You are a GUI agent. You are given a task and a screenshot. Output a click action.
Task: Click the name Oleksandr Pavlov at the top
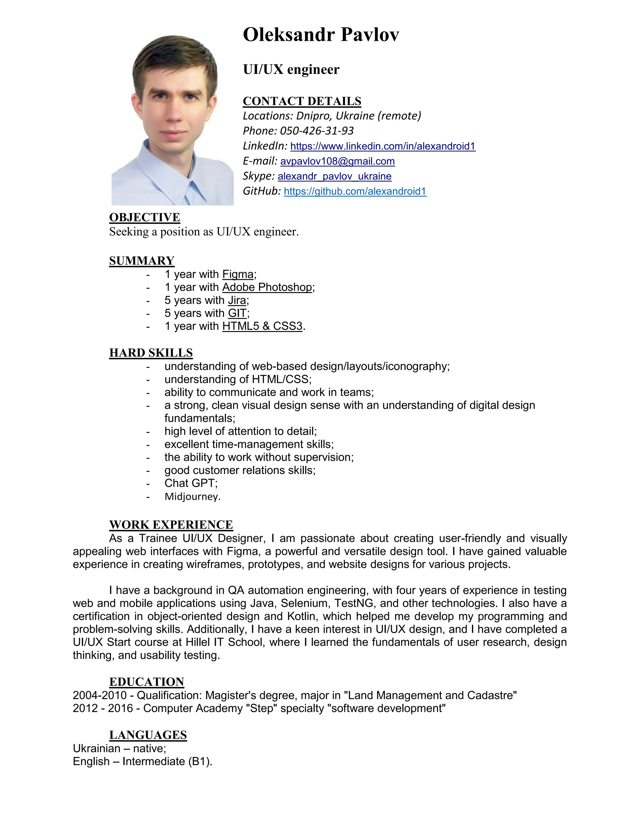[321, 35]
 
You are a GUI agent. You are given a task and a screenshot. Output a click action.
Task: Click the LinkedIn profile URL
[382, 146]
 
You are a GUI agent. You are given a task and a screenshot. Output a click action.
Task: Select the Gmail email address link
[337, 161]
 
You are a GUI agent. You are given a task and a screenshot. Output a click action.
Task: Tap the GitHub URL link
[355, 191]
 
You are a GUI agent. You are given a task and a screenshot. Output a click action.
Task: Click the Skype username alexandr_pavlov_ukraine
[334, 176]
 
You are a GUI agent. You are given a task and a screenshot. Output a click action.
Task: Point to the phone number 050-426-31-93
[316, 131]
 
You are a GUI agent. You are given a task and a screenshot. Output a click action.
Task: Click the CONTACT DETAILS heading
[302, 101]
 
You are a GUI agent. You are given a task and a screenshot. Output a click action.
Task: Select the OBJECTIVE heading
[144, 218]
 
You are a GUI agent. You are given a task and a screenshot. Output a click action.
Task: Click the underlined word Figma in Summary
[238, 274]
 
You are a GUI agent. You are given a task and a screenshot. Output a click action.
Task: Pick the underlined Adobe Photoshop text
[267, 287]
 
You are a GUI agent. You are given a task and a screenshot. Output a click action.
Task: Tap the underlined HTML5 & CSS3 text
[262, 326]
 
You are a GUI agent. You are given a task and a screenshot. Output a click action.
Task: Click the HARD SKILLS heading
[151, 353]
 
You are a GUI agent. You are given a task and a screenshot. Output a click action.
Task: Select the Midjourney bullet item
[192, 497]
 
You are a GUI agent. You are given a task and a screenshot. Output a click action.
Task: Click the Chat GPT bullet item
[190, 483]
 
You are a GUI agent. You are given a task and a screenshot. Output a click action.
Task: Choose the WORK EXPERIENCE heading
[171, 525]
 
